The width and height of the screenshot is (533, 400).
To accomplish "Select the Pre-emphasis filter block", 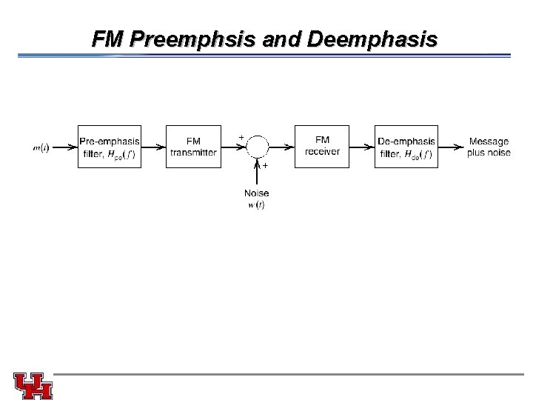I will click(x=110, y=147).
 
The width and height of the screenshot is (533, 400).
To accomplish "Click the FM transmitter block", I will click(x=193, y=147).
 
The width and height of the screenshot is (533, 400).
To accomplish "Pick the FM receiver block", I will click(x=322, y=146).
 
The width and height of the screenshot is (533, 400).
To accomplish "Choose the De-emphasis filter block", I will click(x=406, y=147).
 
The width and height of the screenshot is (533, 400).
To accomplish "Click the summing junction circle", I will click(x=257, y=147).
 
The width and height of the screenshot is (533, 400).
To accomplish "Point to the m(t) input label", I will click(x=41, y=147).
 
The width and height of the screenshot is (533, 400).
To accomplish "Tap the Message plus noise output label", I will click(x=489, y=147).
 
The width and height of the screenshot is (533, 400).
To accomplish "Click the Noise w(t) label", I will click(x=256, y=199).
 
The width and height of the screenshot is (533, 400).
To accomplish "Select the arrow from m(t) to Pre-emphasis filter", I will click(x=64, y=147).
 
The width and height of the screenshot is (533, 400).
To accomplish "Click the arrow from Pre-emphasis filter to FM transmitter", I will click(x=154, y=147).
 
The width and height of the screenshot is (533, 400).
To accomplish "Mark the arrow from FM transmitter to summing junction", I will click(x=232, y=147).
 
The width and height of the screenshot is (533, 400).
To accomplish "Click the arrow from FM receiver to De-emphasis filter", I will click(x=362, y=147).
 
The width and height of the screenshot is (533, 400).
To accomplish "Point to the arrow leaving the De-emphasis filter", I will click(x=451, y=147).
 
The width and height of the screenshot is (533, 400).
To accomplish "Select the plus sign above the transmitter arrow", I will click(x=241, y=137).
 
